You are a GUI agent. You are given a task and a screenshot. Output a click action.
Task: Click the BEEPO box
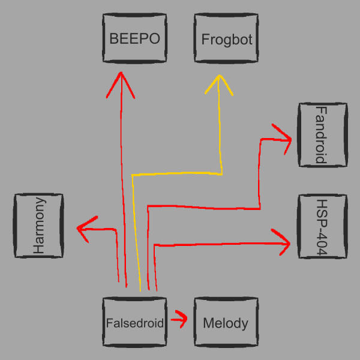[x=134, y=40]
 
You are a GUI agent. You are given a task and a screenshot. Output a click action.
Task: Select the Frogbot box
[x=227, y=40]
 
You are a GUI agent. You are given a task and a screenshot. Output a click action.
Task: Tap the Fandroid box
[x=322, y=134]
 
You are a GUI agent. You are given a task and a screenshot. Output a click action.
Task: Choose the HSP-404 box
[x=322, y=227]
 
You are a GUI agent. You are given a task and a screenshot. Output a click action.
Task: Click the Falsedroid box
[x=134, y=323]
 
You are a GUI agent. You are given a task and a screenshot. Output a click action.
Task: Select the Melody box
[x=226, y=323]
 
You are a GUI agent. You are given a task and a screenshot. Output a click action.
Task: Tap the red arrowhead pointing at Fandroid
[x=284, y=136]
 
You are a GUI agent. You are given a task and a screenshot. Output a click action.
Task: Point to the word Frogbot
[x=227, y=40]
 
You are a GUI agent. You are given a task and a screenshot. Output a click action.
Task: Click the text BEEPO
[x=134, y=40]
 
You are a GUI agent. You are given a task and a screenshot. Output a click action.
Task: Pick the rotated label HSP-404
[x=322, y=227]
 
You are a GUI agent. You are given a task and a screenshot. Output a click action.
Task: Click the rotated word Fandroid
[x=322, y=134]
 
